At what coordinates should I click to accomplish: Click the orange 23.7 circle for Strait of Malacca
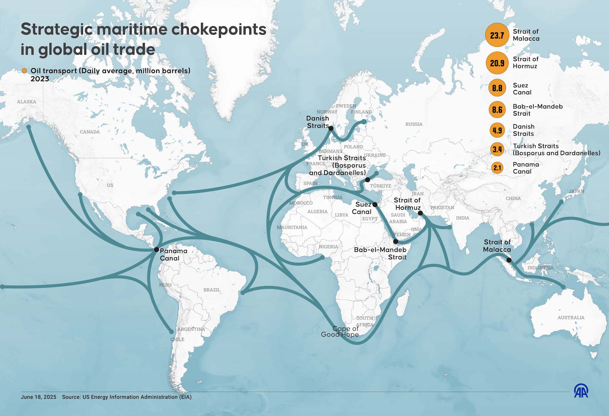[x=497, y=35]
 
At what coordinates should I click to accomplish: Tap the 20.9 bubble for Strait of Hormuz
[x=497, y=63]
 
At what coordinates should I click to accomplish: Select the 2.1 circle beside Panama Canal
[x=497, y=168]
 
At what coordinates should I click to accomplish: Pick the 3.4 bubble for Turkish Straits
[x=497, y=149]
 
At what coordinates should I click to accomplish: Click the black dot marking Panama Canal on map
[x=156, y=250]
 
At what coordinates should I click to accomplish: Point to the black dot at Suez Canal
[x=375, y=204]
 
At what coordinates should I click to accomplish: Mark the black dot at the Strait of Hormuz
[x=420, y=213]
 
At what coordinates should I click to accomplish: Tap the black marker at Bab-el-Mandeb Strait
[x=395, y=242]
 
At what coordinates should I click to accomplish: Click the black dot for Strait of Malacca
[x=509, y=260]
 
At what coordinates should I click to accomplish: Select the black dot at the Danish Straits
[x=331, y=128]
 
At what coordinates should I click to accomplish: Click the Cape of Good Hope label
[x=340, y=332]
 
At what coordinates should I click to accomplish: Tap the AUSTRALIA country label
[x=571, y=318]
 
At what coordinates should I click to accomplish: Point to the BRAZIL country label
[x=212, y=290]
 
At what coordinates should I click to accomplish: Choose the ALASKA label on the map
[x=26, y=102]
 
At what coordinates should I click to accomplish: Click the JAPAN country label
[x=577, y=191]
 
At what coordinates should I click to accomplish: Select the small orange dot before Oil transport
[x=24, y=71]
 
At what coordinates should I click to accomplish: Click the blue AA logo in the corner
[x=581, y=391]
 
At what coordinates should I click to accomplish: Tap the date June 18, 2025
[x=38, y=397]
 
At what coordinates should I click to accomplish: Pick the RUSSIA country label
[x=414, y=124]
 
